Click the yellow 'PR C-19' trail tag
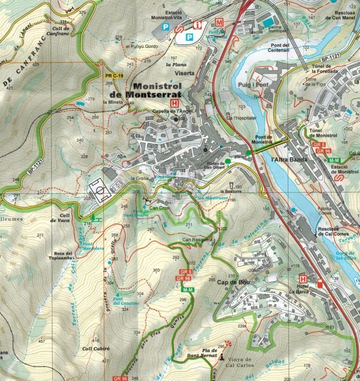click(x=114, y=76)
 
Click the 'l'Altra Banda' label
click(x=288, y=160)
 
